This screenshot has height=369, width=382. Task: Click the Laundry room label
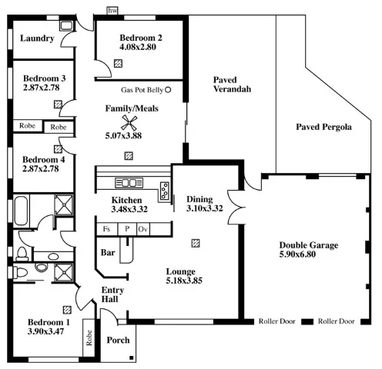click(x=36, y=38)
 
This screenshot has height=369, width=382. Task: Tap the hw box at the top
click(x=112, y=11)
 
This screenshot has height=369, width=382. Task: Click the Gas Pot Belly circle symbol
click(x=168, y=90)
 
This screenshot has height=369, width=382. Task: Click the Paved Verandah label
click(x=232, y=84)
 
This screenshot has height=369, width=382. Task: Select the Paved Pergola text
click(x=323, y=126)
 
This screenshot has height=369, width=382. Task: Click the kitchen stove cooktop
click(x=129, y=182)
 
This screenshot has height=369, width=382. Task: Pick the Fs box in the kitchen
click(x=106, y=229)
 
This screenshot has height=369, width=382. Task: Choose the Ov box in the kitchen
click(x=142, y=229)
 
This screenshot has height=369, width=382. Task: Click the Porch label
click(x=118, y=340)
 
